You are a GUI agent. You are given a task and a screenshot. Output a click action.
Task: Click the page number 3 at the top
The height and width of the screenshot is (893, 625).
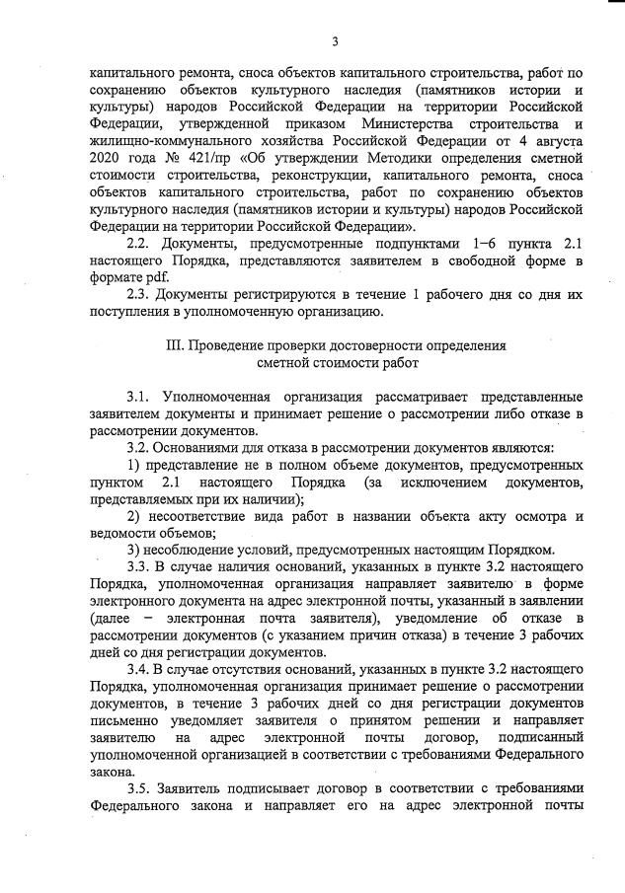pos(335,40)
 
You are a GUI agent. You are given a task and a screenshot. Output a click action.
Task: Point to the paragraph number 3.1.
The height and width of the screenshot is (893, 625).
pos(141,397)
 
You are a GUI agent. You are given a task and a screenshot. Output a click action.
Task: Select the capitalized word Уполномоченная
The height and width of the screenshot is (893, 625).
pos(220,397)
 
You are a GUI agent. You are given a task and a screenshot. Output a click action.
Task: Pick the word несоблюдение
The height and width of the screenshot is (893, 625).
pos(187,550)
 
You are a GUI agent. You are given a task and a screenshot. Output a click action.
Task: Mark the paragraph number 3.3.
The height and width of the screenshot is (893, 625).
pos(141,566)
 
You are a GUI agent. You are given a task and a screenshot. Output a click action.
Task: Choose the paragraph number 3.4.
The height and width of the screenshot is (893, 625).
pos(141,668)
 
